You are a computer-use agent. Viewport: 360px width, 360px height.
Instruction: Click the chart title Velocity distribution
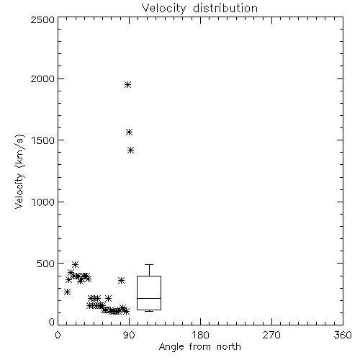[x=199, y=8]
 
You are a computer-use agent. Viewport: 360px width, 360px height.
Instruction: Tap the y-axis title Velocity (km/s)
[x=19, y=171]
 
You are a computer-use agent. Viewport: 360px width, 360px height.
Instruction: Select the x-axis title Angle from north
[x=199, y=347]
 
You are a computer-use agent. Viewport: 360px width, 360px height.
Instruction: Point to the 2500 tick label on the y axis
[x=42, y=19]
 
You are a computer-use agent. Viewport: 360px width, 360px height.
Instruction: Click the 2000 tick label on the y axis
[x=42, y=78]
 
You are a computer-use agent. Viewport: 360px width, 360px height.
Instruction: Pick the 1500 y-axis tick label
[x=43, y=140]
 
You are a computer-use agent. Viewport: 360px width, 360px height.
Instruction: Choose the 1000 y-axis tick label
[x=43, y=202]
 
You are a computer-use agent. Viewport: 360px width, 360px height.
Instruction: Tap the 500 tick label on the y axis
[x=46, y=264]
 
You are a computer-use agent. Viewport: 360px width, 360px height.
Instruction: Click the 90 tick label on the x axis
[x=129, y=335]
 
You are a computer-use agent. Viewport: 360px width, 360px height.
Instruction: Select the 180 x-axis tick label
[x=200, y=335]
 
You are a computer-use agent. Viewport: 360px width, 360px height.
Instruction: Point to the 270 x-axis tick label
[x=271, y=335]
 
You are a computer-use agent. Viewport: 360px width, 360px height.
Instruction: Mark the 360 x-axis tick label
[x=343, y=335]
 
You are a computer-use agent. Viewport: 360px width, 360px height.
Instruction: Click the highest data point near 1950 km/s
[x=127, y=84]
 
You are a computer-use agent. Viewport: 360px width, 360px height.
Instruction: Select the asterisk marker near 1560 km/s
[x=129, y=132]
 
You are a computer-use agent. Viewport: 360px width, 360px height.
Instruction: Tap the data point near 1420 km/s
[x=130, y=150]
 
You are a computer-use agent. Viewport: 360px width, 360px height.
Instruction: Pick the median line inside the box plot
[x=149, y=298]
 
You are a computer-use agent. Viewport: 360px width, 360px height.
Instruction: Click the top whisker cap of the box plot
[x=149, y=264]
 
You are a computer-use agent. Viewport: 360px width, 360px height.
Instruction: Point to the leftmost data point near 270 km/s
[x=67, y=292]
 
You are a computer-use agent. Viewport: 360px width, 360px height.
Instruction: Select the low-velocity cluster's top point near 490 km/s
[x=75, y=264]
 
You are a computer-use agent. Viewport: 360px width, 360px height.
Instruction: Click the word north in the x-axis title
[x=229, y=347]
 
